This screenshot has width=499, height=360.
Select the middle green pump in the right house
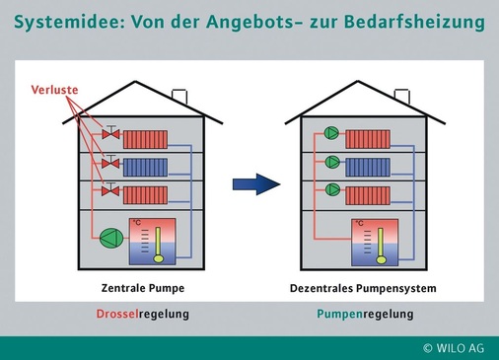click(332, 162)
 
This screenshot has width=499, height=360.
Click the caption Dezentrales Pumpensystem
click(363, 289)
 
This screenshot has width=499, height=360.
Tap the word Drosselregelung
click(142, 315)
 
